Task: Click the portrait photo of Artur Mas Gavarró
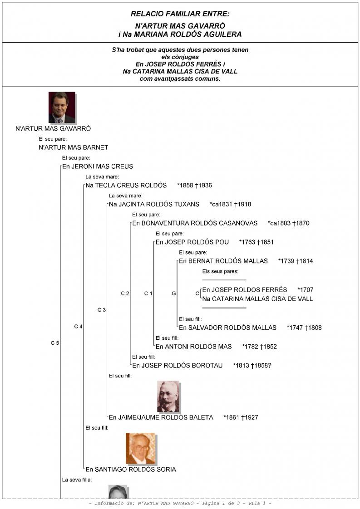pos(62,108)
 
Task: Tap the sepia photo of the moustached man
pos(168,396)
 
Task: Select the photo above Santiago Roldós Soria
pos(140,448)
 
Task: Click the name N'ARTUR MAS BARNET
pos(73,147)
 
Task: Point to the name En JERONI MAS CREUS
pos(97,166)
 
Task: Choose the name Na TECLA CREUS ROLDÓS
pos(126,186)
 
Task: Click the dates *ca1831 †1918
pos(230,205)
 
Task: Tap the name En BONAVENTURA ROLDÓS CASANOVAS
pos(195,223)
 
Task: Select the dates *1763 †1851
pos(256,242)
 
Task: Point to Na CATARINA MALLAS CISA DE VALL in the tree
pos(257,299)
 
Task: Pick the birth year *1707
pos(305,290)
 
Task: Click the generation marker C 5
pos(54,343)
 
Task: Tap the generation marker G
pos(174,294)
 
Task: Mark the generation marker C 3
pos(101,310)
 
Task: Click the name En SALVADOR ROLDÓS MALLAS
pos(227,328)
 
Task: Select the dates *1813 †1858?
pos(252,366)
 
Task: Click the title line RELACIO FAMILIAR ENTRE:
pos(180,14)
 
